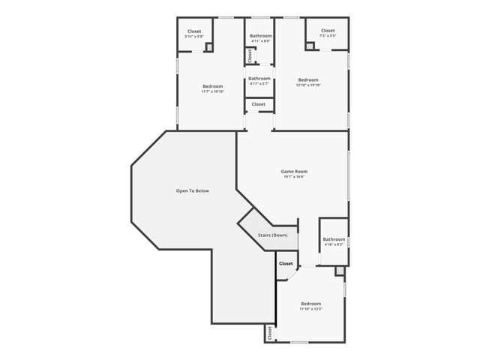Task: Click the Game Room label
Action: [x=294, y=172]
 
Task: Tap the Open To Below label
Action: [x=193, y=191]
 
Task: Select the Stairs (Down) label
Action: [x=273, y=235]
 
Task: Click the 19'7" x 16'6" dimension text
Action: [x=294, y=177]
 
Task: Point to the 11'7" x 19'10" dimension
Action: [x=212, y=91]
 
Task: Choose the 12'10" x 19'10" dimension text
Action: [x=308, y=85]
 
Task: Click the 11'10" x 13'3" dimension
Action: [x=310, y=309]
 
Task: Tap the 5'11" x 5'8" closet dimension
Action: [x=193, y=37]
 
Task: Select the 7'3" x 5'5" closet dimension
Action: [x=328, y=36]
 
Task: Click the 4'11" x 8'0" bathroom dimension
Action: [x=260, y=41]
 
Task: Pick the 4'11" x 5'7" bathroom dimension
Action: [x=259, y=84]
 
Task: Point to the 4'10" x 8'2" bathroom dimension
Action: [x=334, y=244]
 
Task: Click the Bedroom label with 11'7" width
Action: [x=212, y=86]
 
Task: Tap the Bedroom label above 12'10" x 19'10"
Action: [x=308, y=80]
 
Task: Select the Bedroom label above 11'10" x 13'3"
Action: [x=310, y=304]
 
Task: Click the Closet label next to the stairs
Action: [x=286, y=264]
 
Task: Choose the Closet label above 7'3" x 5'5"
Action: [x=328, y=31]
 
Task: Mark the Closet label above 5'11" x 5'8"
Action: [x=193, y=31]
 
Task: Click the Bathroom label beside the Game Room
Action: [x=334, y=239]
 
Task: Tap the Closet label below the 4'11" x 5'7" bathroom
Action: [x=259, y=104]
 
